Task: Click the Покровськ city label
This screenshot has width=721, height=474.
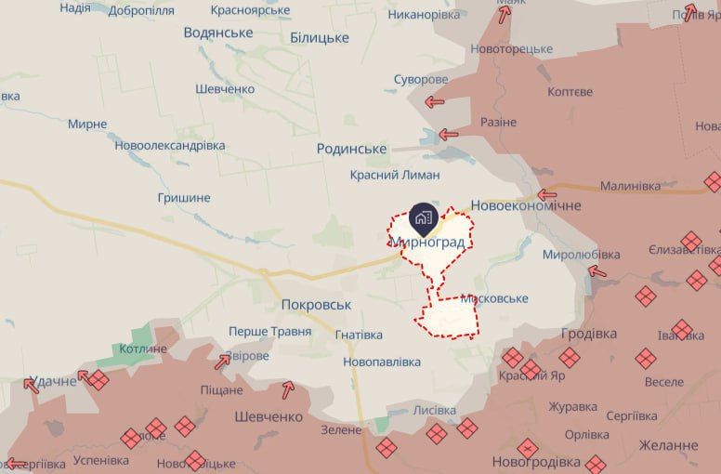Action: coord(317,305)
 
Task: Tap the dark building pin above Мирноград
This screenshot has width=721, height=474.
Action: coord(422,217)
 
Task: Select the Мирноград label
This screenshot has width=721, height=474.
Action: coord(427,242)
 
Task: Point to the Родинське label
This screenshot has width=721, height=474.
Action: coord(351,149)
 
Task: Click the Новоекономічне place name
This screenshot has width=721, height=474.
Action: coord(526,205)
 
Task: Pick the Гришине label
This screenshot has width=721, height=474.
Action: coord(184,198)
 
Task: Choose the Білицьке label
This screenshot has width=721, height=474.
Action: coord(320,37)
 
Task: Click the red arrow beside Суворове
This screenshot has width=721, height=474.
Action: coord(434,102)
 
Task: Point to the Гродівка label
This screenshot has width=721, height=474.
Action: coord(589,334)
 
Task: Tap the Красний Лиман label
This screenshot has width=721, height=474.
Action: coord(395,175)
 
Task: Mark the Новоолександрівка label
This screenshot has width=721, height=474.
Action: coord(170,146)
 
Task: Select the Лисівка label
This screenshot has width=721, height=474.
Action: coord(434,410)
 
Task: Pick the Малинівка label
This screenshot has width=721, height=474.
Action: coord(630,186)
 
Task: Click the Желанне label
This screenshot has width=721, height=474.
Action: coord(668,446)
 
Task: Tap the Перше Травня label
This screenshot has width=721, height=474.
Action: coord(269,332)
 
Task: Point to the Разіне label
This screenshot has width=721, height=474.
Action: coord(498,123)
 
